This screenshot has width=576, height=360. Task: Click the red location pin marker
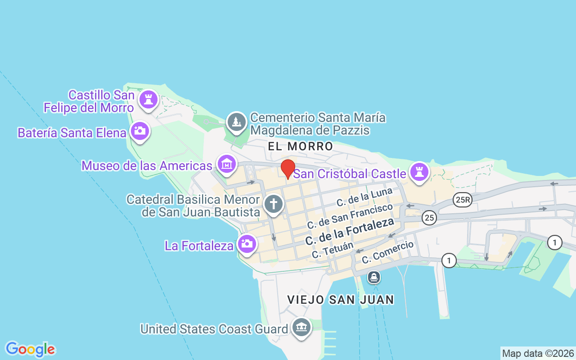coord(288,168)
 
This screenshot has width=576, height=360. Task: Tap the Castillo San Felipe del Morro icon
coord(148,99)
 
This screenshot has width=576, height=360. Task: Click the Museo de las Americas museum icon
coord(226,164)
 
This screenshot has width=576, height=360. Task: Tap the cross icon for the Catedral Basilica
coord(273,203)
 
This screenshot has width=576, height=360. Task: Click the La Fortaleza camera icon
coord(247,244)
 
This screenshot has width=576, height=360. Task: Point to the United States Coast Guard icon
coord(301,328)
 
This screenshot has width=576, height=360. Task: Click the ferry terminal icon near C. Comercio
coord(373,277)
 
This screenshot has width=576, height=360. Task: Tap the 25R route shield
coord(463,200)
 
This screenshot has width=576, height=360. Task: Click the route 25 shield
coord(429,218)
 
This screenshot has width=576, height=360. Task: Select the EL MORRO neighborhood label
coord(300,146)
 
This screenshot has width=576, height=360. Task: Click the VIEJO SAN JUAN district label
coord(341,300)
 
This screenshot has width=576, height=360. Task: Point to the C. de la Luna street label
coord(364,198)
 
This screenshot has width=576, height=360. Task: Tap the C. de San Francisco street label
coord(350,216)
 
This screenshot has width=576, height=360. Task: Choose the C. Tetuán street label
coord(332,250)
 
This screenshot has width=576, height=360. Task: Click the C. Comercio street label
coord(387,252)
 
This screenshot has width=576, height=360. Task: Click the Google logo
coord(30,349)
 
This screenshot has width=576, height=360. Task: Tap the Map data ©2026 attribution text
coord(538,353)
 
